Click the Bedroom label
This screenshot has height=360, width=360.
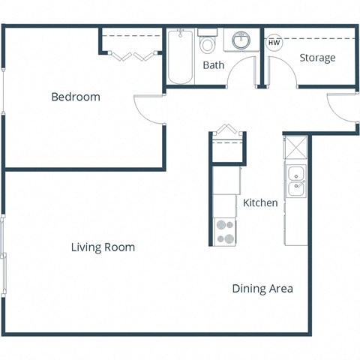(75, 97)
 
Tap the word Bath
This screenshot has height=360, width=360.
(214, 65)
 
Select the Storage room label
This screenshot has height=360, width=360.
(317, 58)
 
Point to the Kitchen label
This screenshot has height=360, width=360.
(260, 202)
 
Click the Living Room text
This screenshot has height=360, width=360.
(103, 247)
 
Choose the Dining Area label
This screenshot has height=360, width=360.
(262, 289)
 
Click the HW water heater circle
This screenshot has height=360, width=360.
(274, 43)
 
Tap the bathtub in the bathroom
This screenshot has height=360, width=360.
(180, 57)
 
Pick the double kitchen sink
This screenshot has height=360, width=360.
(296, 180)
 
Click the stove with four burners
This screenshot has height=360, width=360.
(224, 231)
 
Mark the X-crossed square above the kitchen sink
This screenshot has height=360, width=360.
(296, 147)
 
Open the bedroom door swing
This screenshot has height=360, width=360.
(148, 109)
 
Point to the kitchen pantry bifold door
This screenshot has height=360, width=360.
(227, 133)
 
